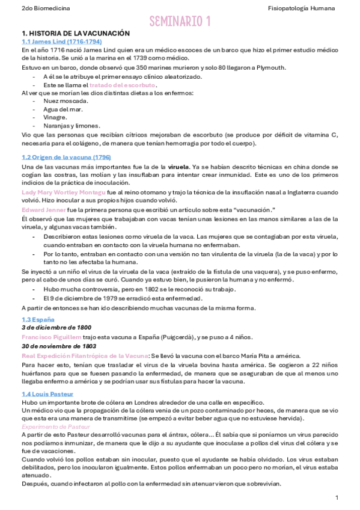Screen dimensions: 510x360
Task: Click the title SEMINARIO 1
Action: (180, 22)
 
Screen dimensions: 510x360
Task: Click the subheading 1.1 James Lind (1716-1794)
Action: (61, 41)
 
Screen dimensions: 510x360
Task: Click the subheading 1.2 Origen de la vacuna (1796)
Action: (66, 157)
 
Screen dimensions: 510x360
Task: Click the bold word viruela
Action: (178, 165)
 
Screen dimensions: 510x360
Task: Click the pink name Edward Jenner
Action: (45, 209)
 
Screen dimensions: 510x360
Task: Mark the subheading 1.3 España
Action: (38, 319)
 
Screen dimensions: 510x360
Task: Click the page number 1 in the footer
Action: (337, 497)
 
